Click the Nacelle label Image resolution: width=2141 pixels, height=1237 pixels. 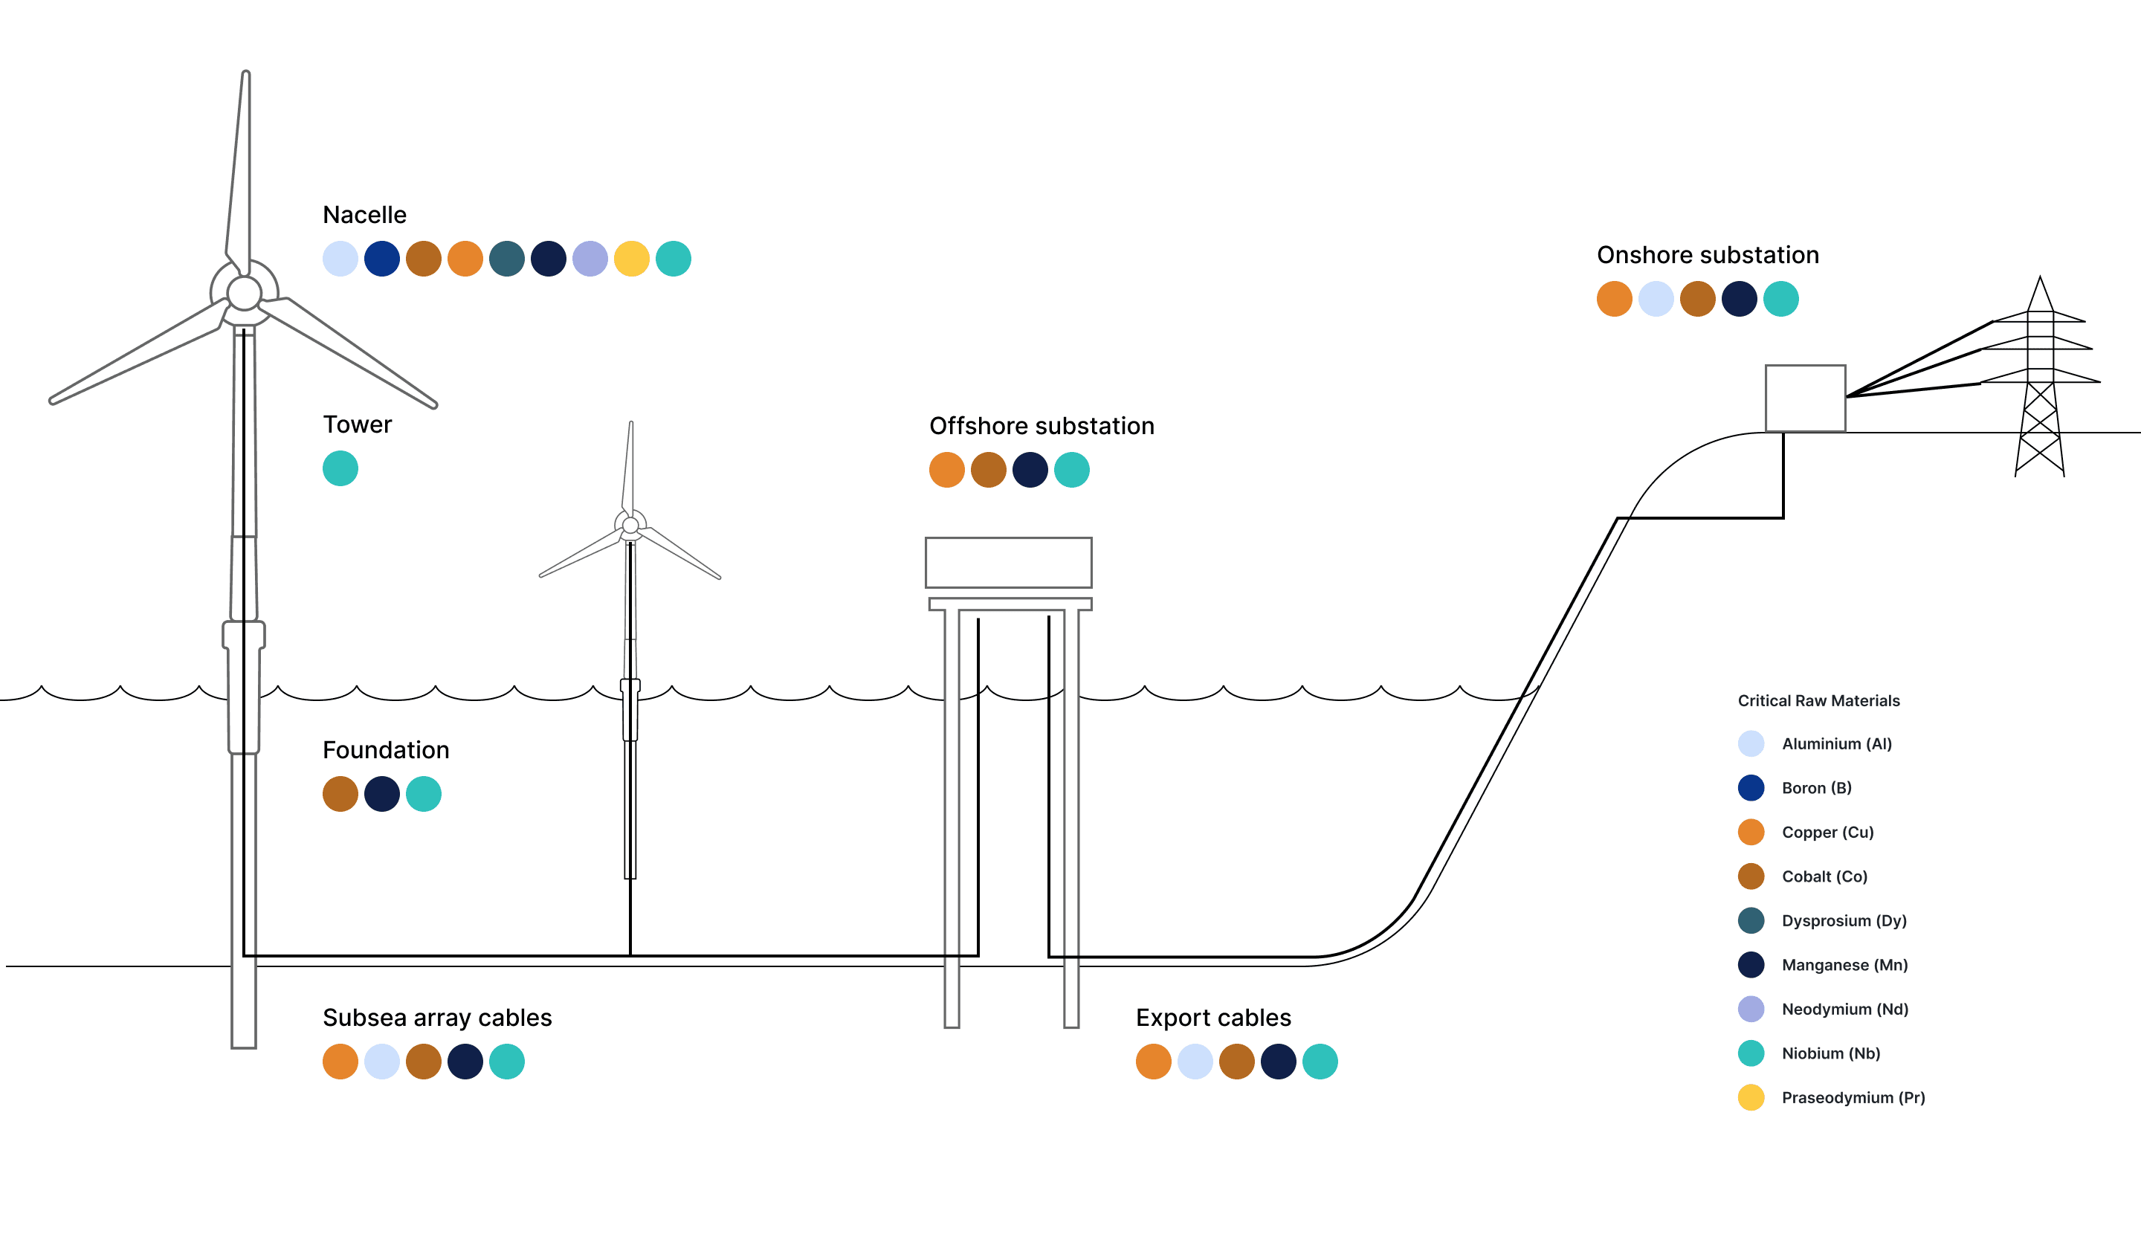(364, 215)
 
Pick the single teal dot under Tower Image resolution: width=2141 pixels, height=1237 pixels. (340, 468)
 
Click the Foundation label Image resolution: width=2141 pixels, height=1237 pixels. (386, 750)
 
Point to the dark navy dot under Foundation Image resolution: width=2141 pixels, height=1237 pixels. (381, 795)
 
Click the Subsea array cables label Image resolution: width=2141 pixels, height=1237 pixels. (436, 1018)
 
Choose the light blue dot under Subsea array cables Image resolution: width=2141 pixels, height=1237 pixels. (381, 1062)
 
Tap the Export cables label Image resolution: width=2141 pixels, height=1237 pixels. (1213, 1018)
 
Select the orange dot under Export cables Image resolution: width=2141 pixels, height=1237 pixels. (1153, 1062)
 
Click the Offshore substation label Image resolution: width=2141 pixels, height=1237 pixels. (1042, 426)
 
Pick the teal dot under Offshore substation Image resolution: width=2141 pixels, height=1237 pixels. (1071, 470)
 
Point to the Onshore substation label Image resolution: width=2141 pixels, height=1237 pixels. (1708, 255)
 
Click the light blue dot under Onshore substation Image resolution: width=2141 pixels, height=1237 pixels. (1656, 299)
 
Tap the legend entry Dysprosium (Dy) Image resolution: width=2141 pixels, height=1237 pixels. (1844, 921)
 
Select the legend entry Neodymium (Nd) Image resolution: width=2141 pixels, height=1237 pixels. (1844, 1010)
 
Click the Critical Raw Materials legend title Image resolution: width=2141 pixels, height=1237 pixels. (1818, 701)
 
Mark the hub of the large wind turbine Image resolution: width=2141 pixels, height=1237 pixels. (244, 293)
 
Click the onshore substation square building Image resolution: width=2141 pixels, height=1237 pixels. (1806, 398)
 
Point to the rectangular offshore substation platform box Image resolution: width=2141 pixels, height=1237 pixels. (1009, 563)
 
